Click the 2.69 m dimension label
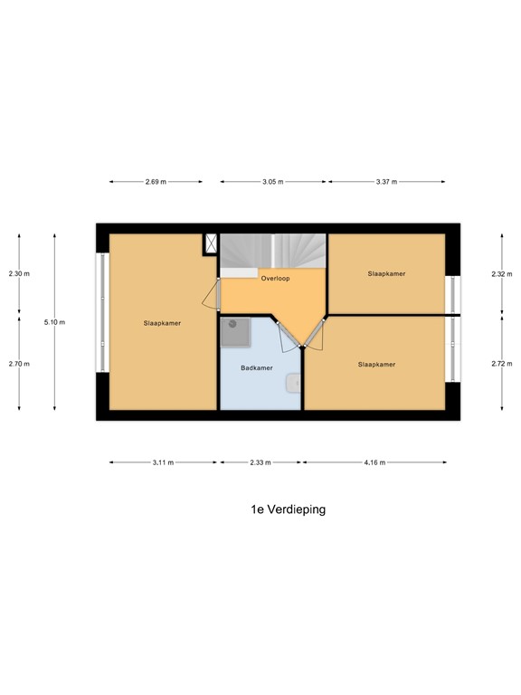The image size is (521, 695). point(156,182)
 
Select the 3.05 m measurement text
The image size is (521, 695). point(272,182)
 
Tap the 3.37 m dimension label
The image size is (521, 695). point(386,182)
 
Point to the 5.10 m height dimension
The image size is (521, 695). point(55,321)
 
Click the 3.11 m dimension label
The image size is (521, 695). point(162,462)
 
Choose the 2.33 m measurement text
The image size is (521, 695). point(260,462)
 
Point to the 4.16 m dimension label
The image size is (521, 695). point(374,462)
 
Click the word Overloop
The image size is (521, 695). point(275,279)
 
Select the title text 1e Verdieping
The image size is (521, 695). point(288,509)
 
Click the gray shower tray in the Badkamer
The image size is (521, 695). point(233,332)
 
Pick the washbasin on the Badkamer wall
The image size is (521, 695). point(292,384)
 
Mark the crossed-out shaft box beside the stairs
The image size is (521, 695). point(212,243)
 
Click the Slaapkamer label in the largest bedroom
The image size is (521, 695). point(161,323)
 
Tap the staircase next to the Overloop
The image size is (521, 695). point(273,251)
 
